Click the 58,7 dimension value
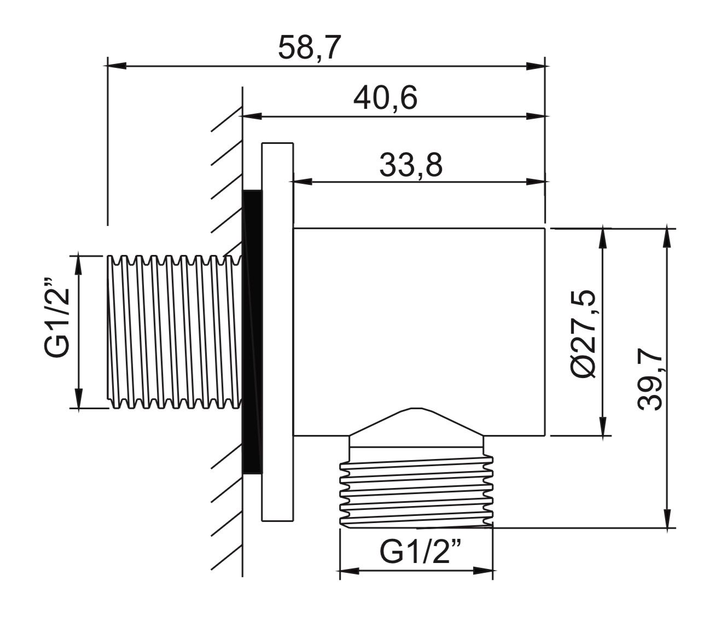(309, 47)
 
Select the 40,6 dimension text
(385, 98)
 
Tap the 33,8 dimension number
(411, 165)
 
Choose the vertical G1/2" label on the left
(57, 318)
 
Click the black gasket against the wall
(252, 332)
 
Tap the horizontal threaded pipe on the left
(174, 332)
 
